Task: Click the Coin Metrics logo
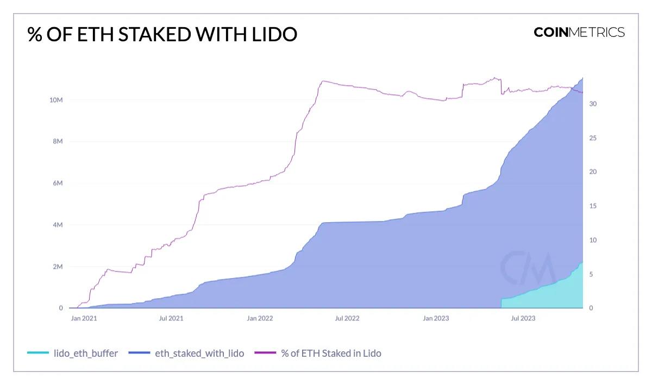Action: (x=579, y=32)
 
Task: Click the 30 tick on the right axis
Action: (x=593, y=104)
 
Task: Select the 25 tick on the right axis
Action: (x=593, y=138)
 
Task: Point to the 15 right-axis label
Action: (x=593, y=206)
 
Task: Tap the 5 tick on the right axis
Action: (x=592, y=274)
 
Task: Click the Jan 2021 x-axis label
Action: (x=84, y=318)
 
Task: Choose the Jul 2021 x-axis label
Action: (x=171, y=318)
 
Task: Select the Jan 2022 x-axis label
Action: (x=259, y=318)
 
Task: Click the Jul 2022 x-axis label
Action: (x=347, y=318)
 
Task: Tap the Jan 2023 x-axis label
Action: (x=436, y=318)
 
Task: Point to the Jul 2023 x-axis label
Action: (x=523, y=318)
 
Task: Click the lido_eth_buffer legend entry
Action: (x=72, y=354)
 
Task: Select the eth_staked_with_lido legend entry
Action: (x=186, y=354)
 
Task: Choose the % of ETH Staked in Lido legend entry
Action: (x=318, y=354)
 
